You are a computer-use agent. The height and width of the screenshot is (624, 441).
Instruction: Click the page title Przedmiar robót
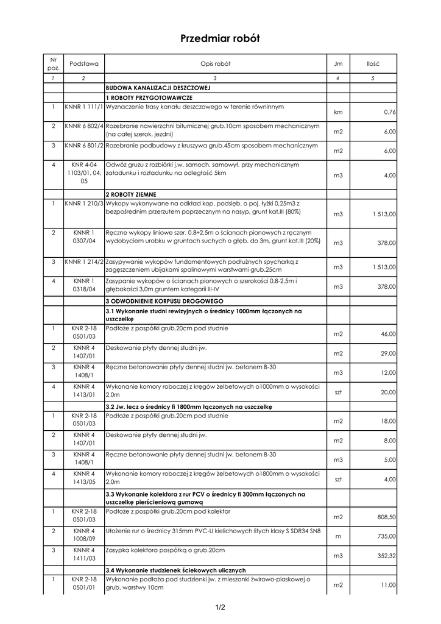click(220, 38)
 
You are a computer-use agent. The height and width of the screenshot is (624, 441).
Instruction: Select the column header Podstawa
click(83, 63)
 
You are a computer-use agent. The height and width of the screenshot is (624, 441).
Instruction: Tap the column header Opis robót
click(215, 63)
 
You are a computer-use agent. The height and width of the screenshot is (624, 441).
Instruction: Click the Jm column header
click(338, 63)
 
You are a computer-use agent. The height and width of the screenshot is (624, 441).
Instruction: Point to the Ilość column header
click(373, 63)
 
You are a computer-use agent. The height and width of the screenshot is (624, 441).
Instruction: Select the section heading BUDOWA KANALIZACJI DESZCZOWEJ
click(158, 88)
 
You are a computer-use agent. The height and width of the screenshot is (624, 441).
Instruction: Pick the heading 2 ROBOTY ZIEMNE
click(132, 194)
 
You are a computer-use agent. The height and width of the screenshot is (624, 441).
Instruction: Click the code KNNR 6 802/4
click(84, 126)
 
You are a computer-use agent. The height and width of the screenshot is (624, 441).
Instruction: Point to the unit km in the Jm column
click(338, 112)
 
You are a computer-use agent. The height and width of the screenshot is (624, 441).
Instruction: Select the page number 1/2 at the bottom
click(220, 607)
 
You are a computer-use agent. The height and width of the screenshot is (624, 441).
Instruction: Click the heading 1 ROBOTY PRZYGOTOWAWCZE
click(149, 97)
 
